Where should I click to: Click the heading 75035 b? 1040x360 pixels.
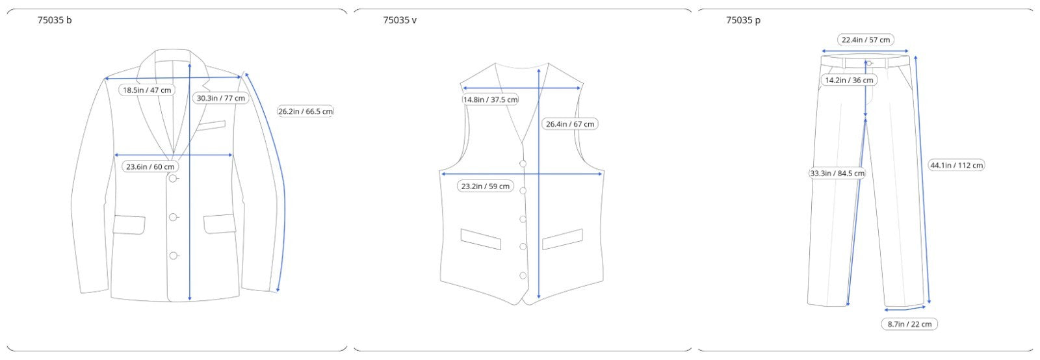[55, 20]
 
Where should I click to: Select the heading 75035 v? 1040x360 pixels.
[400, 20]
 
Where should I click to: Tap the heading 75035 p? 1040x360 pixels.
[744, 20]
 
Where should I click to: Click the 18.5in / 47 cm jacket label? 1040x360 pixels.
[147, 90]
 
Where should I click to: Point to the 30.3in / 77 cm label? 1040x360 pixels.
[220, 98]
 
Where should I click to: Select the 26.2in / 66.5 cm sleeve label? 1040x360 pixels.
[305, 111]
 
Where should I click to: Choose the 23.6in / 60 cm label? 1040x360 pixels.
[150, 166]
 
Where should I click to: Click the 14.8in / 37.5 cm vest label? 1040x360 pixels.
[490, 99]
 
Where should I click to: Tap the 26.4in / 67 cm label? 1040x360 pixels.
[569, 124]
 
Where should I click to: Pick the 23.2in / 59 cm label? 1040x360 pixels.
[485, 186]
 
